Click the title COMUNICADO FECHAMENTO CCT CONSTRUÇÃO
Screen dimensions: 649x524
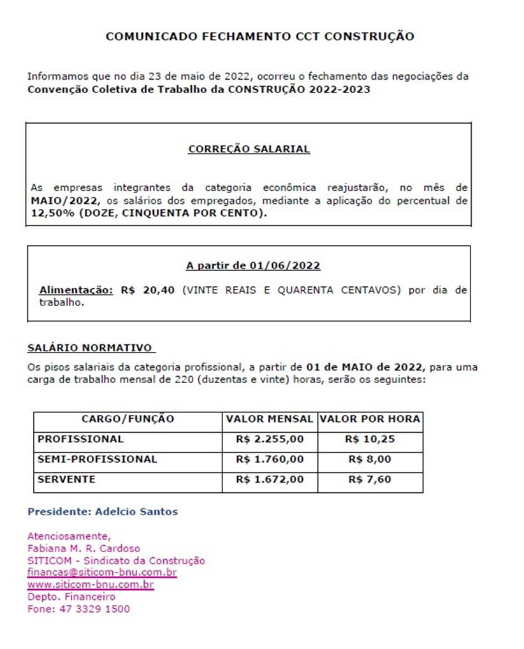[x=259, y=36]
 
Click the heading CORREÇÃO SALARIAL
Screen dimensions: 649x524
[x=249, y=149]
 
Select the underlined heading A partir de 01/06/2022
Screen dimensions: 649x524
[x=253, y=265]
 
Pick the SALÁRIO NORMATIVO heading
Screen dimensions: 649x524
[x=90, y=348]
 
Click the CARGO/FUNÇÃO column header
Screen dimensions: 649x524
[x=127, y=419]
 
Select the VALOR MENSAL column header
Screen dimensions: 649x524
[x=270, y=419]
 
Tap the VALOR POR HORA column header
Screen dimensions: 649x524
[x=370, y=419]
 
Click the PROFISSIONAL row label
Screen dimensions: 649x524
[x=80, y=439]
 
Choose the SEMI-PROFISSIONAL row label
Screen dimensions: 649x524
[x=97, y=459]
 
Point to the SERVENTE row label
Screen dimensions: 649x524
[x=66, y=479]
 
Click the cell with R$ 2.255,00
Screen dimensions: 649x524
[x=270, y=439]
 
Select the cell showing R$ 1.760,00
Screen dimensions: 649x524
[x=270, y=459]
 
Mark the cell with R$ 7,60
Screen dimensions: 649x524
[x=370, y=479]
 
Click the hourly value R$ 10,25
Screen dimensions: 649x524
[x=370, y=439]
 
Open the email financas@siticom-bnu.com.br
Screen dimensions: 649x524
[x=102, y=572]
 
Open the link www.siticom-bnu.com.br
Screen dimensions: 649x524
[x=91, y=584]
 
